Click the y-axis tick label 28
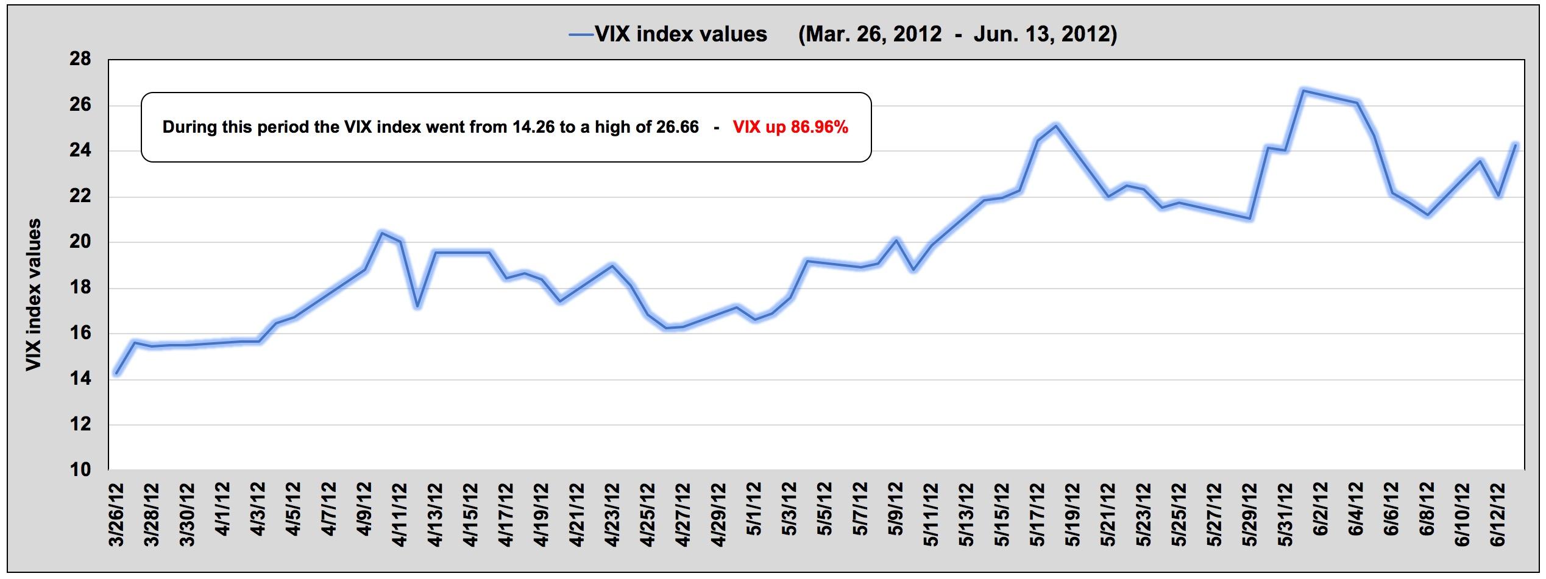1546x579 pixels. (x=80, y=60)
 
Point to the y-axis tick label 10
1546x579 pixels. (x=80, y=470)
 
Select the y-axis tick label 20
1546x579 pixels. (x=80, y=242)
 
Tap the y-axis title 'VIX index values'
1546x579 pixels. (x=34, y=295)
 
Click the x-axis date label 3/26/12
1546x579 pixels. (x=116, y=515)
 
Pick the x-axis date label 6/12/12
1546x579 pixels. (x=1498, y=515)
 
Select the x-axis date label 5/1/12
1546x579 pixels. (x=754, y=515)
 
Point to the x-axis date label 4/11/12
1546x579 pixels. (x=399, y=515)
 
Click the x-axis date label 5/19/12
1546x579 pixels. (x=1073, y=515)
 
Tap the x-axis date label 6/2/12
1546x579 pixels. (x=1321, y=515)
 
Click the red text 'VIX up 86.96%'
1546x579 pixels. (x=790, y=127)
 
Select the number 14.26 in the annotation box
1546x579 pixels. (x=533, y=127)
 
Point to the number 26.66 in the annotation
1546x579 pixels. (x=677, y=127)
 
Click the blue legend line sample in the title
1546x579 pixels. (x=581, y=35)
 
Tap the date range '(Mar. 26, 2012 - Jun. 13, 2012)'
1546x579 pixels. (x=957, y=34)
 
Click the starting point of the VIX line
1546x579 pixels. (x=116, y=373)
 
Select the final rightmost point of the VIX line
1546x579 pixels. (x=1516, y=145)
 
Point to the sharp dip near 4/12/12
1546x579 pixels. (x=417, y=306)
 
